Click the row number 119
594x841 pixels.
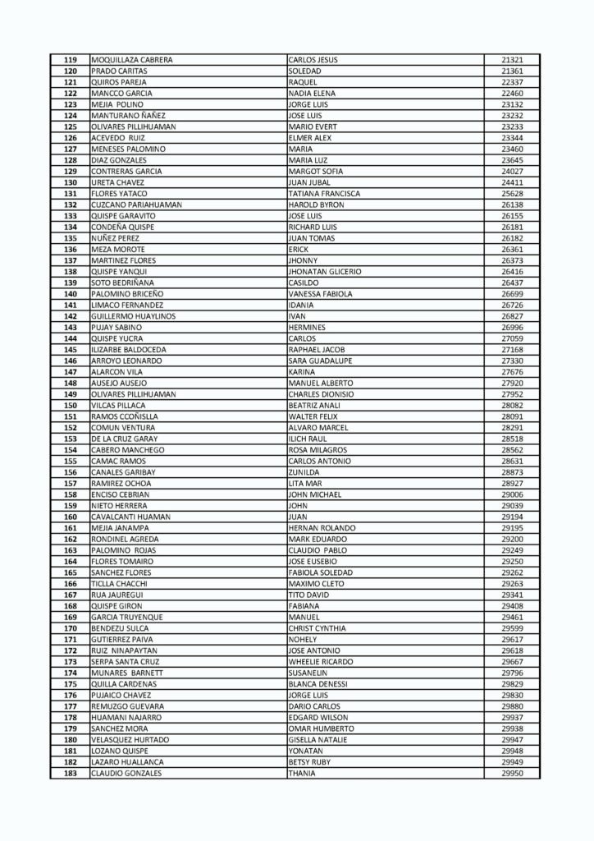point(70,60)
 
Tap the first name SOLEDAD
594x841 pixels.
point(304,71)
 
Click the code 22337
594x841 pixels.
point(512,82)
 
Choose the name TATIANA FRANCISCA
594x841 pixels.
point(324,194)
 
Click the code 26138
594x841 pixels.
point(512,205)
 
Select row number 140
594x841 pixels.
point(70,294)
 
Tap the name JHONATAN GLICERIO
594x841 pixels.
point(325,272)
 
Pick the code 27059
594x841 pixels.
point(512,338)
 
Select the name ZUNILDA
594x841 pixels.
point(304,472)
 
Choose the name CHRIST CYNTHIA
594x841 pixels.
point(317,628)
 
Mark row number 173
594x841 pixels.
point(70,662)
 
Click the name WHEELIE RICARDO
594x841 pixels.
point(321,662)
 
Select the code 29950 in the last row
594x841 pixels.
point(512,774)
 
